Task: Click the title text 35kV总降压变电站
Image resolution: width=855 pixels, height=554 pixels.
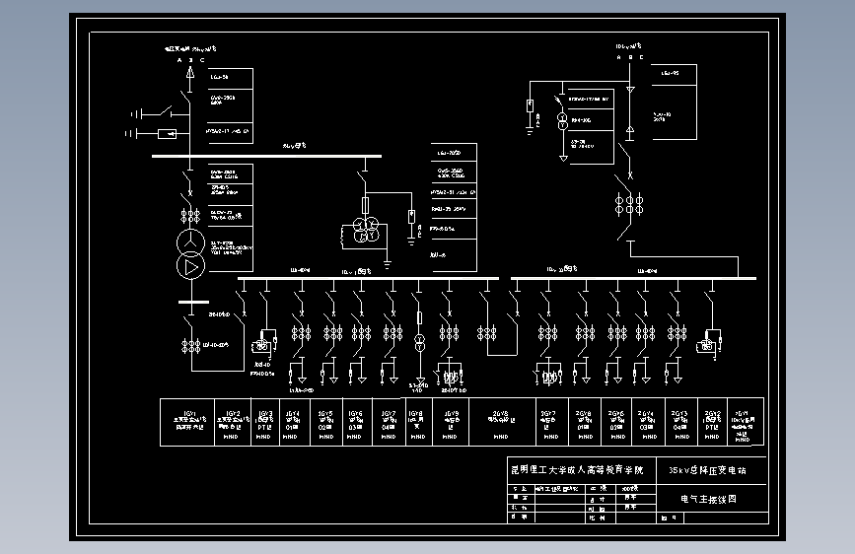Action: click(706, 470)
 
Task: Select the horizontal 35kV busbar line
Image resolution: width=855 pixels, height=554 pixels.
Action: click(266, 155)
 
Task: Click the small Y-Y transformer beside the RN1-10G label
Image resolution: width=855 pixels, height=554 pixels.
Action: click(563, 121)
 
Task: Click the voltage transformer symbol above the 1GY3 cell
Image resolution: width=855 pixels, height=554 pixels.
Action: click(263, 346)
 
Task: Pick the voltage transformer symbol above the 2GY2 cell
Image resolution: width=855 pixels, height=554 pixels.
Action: click(706, 345)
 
